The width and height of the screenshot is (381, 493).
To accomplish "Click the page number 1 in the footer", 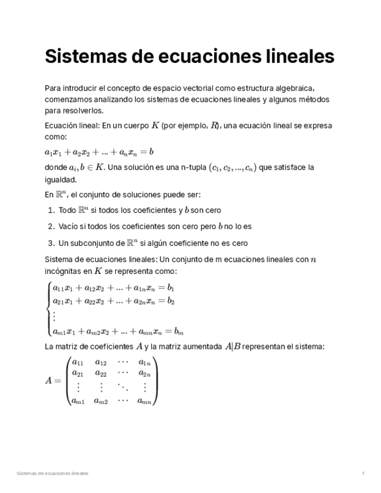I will pos(363,474).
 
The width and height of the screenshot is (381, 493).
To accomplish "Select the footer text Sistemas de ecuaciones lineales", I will pos(52,474).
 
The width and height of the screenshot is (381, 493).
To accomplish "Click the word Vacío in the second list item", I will pos(69,226).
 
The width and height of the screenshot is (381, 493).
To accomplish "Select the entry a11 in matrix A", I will pos(76,363).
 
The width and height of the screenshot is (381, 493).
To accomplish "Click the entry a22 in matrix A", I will pos(101,374).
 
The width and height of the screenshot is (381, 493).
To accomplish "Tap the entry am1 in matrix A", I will pos(77,401).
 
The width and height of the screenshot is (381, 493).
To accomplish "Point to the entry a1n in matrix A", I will pos(145,363).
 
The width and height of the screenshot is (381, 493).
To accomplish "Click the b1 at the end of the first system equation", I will pos(170,288).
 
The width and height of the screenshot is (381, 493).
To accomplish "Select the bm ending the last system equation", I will pos(179,331).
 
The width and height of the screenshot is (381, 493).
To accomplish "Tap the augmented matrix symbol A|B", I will pos(232,346).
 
